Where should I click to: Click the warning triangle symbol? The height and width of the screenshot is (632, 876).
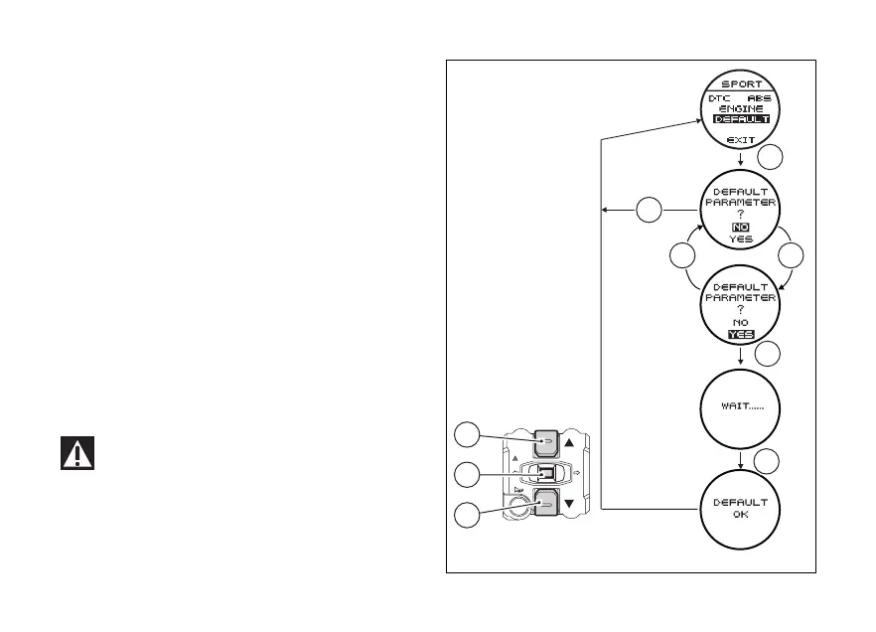77,453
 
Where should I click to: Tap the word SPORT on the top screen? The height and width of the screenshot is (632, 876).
741,84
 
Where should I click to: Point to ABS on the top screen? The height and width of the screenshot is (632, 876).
760,98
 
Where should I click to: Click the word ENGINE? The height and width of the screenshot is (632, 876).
741,108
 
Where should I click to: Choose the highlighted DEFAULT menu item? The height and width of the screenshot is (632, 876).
741,119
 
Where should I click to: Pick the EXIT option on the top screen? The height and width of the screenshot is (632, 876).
741,140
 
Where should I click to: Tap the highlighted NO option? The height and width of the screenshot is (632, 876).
741,228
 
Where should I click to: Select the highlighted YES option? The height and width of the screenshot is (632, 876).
741,335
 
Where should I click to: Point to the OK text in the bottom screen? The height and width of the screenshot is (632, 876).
741,515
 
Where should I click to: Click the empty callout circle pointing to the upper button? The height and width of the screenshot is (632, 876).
467,433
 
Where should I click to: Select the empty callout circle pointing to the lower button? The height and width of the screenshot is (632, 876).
467,514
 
